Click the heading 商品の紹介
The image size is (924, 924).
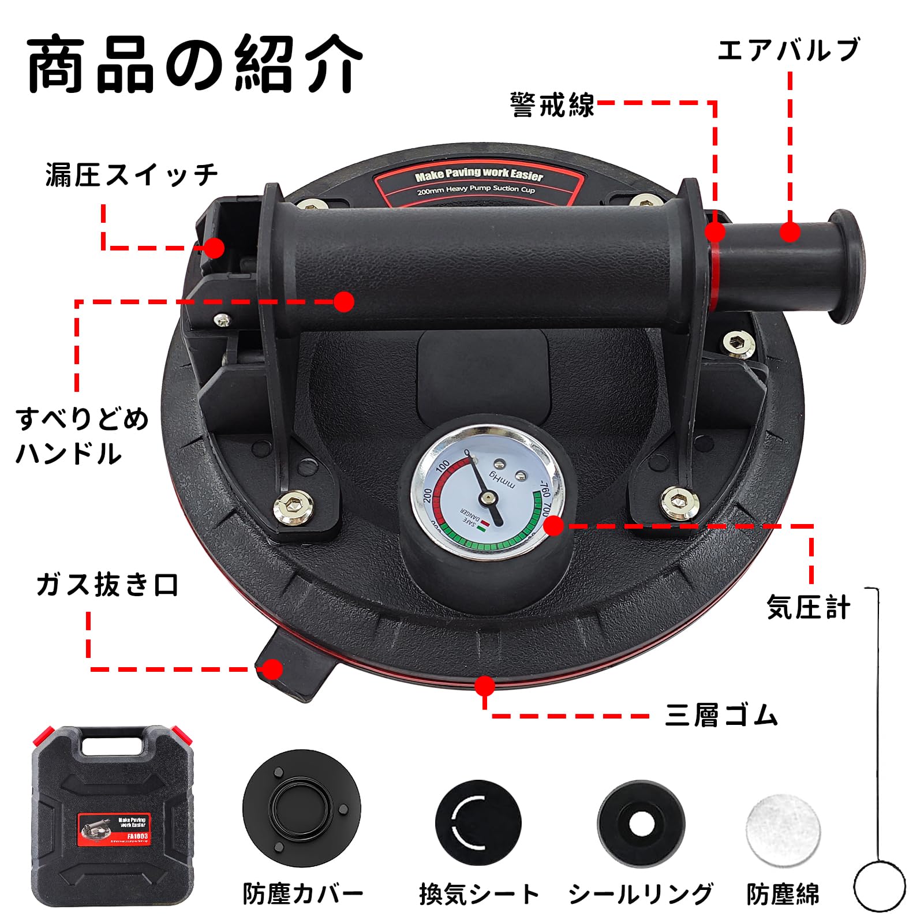[x=195, y=65]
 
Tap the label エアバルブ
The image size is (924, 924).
[x=788, y=51]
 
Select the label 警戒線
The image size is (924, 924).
[x=552, y=105]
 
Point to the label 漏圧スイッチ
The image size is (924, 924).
[x=132, y=175]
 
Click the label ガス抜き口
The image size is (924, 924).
[x=107, y=585]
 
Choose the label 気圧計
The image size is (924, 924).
[x=808, y=608]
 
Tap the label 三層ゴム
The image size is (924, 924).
[x=721, y=716]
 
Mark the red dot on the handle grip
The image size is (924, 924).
[x=344, y=301]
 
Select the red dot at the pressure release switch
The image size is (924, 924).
[x=214, y=248]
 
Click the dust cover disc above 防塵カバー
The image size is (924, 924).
[x=302, y=809]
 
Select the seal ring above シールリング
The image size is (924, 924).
[x=641, y=824]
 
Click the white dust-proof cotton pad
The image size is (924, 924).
[x=783, y=830]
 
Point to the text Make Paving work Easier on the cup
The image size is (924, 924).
[x=478, y=174]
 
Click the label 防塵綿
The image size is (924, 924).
[x=783, y=894]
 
